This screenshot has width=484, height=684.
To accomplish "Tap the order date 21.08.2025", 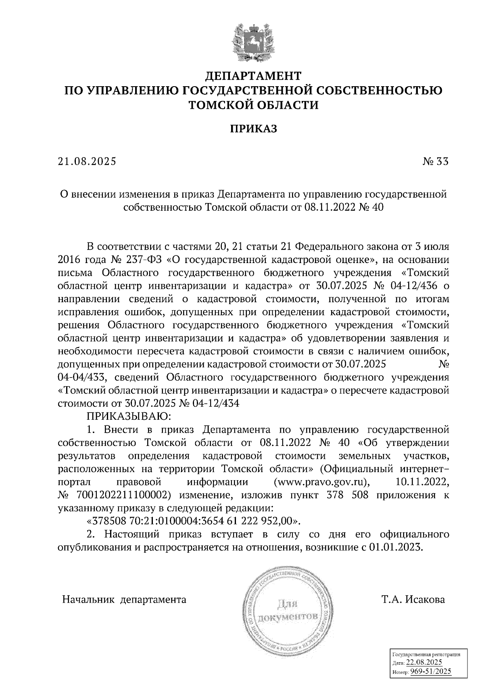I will [87, 162].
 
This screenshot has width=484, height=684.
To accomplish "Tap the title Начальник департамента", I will [124, 600].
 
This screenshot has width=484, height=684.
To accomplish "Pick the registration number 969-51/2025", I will [430, 672].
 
